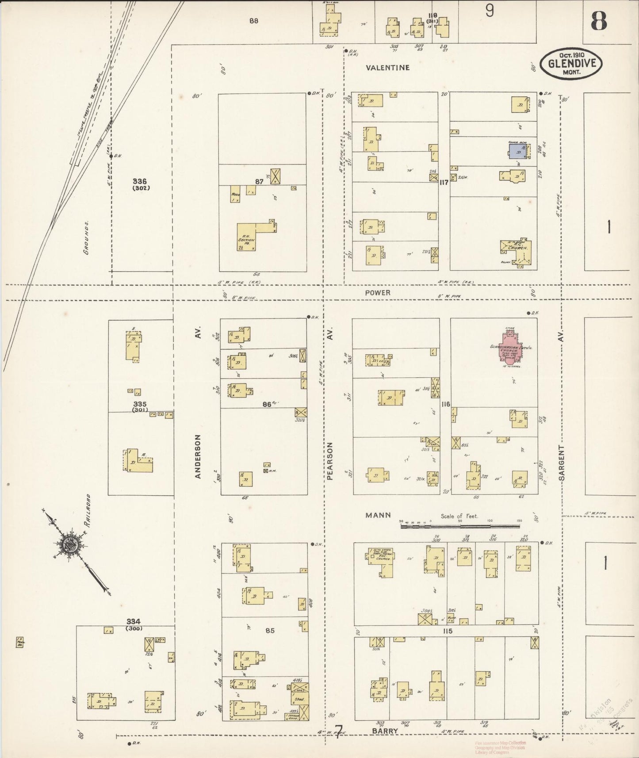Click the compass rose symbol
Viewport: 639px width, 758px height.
pyautogui.click(x=69, y=544)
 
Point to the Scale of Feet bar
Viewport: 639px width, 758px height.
pyautogui.click(x=460, y=526)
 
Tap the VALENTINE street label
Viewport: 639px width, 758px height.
pyautogui.click(x=388, y=68)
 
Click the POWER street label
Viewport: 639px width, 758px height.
pyautogui.click(x=378, y=293)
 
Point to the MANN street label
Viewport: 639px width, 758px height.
pyautogui.click(x=378, y=515)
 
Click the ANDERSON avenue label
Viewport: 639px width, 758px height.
pyautogui.click(x=198, y=456)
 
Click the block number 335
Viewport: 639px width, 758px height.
pyautogui.click(x=140, y=404)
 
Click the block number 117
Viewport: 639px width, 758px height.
pyautogui.click(x=444, y=182)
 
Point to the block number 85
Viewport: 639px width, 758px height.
pyautogui.click(x=270, y=630)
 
